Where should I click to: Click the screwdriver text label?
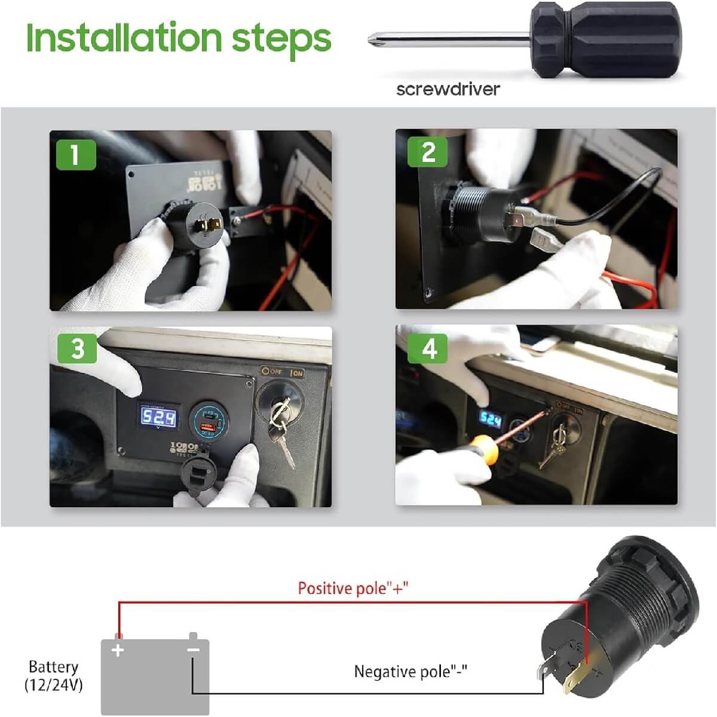[448, 89]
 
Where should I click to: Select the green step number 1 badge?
[75, 155]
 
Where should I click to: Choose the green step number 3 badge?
[77, 348]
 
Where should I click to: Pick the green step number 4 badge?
[428, 348]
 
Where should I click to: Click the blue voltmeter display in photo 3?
[158, 417]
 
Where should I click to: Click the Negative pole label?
[410, 671]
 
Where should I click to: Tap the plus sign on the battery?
[118, 650]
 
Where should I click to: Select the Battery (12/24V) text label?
[54, 676]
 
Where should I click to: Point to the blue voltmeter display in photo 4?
[491, 420]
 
